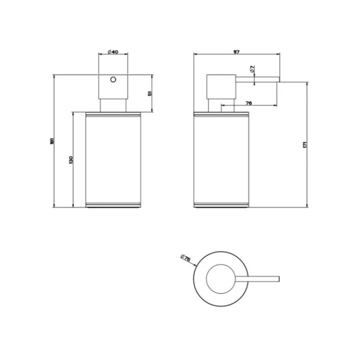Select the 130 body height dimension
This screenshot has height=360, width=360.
coord(71,160)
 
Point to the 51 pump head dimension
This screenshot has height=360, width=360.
coord(150,93)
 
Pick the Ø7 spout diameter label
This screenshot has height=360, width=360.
coord(253,68)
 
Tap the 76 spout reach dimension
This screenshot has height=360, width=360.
coord(248,102)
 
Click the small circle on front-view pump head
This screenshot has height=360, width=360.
coord(113,79)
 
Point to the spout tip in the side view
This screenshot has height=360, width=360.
coord(277,79)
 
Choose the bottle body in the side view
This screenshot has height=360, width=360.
coord(220,160)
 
